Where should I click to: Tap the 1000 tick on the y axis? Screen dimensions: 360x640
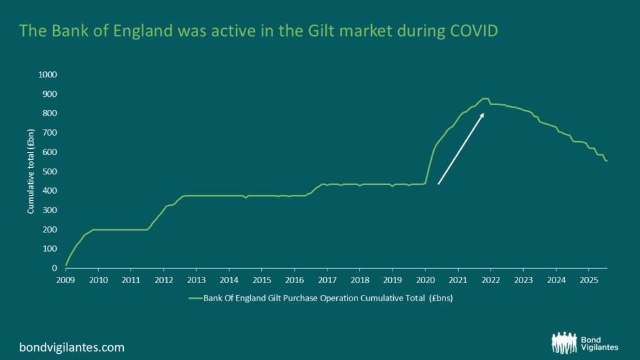(x=48, y=74)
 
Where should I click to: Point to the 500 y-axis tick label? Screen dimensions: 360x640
(x=50, y=171)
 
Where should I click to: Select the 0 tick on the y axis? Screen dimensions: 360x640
(x=54, y=268)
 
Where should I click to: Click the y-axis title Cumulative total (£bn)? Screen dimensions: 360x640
(x=29, y=171)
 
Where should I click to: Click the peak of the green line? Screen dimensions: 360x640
(x=484, y=99)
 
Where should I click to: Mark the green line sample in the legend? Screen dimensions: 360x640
(x=195, y=298)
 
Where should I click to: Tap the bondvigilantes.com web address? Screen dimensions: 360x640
(x=72, y=347)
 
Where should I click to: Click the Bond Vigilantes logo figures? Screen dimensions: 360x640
(x=565, y=342)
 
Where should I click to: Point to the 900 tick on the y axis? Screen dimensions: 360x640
(x=50, y=94)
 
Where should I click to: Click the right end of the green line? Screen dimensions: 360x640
(x=607, y=161)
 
